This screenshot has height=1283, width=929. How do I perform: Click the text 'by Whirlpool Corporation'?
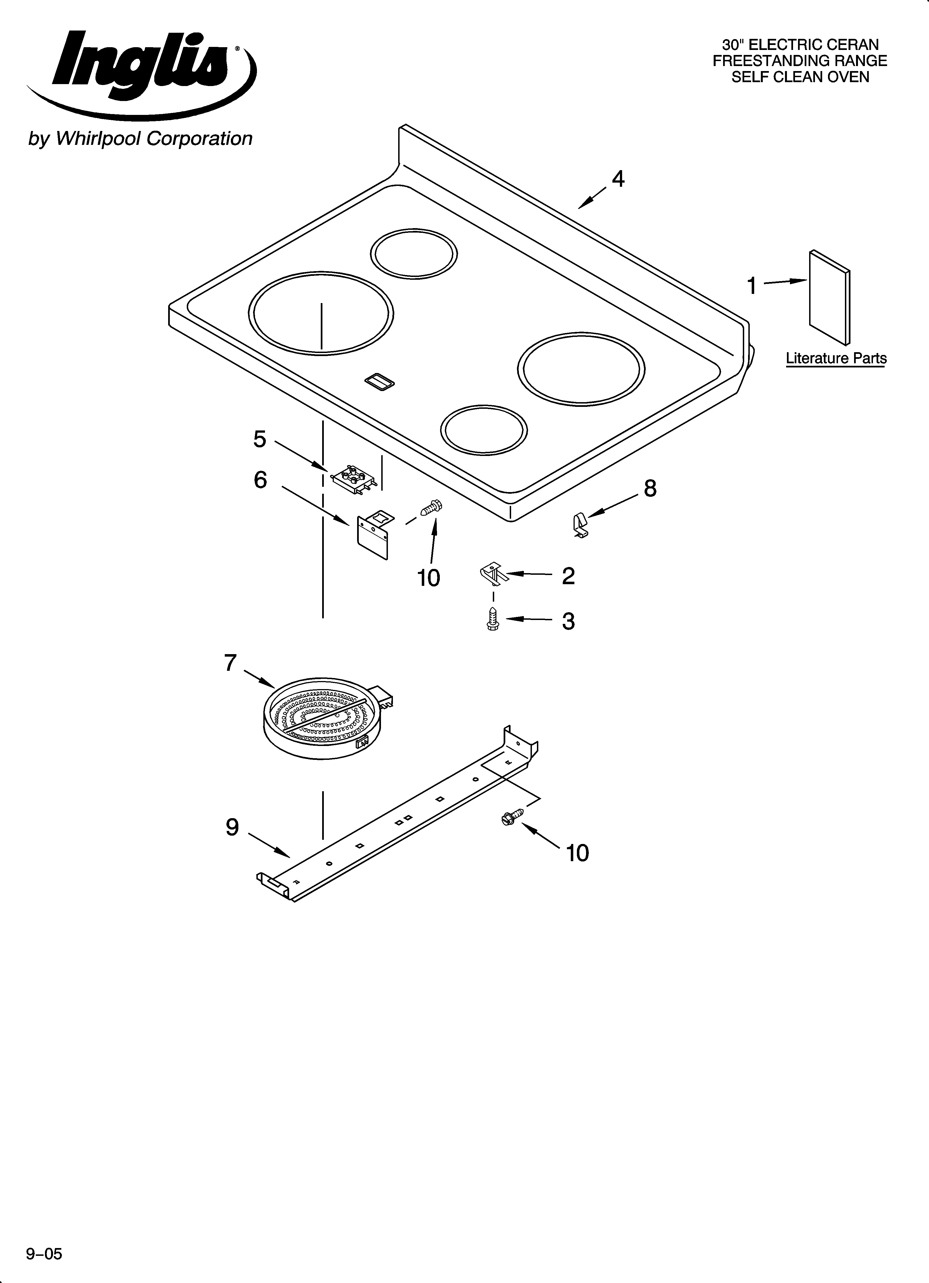[x=140, y=138]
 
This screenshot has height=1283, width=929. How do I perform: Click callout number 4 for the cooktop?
[x=619, y=179]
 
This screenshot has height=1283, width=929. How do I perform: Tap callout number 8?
[x=650, y=488]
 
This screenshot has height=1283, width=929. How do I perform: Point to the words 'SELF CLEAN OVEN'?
[x=800, y=77]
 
